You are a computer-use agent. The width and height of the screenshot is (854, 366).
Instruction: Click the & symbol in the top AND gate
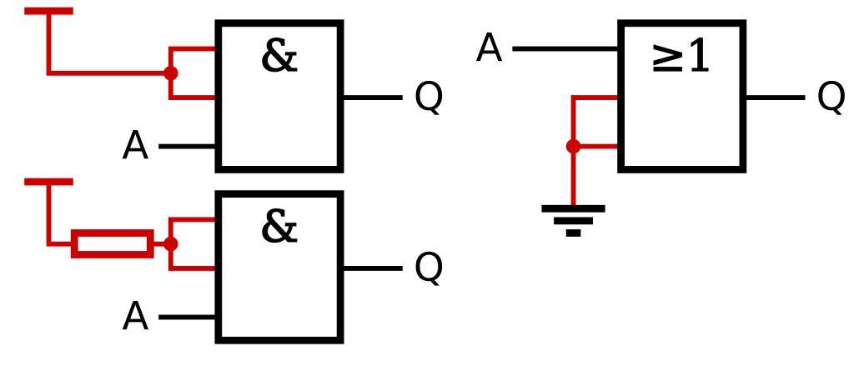coord(279,56)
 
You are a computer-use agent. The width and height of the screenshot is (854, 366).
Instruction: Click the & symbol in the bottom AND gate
coord(279,226)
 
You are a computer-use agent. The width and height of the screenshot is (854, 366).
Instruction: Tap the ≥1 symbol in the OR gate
coord(681,57)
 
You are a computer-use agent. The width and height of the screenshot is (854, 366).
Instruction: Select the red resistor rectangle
coord(113,244)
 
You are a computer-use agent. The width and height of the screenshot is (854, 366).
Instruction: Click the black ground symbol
coord(573,219)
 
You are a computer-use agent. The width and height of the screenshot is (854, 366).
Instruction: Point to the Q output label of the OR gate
coord(831,98)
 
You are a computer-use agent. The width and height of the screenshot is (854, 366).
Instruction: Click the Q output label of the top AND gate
coord(429,98)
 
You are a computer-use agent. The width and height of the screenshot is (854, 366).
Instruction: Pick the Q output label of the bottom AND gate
coord(429,268)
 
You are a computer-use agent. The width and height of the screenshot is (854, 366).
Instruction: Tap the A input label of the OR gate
coord(490,49)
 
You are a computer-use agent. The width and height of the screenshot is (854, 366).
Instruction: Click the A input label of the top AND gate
coord(135,147)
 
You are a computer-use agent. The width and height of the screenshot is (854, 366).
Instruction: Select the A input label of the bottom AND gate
coord(135,318)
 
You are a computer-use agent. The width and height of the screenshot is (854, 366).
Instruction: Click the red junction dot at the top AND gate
coord(171,73)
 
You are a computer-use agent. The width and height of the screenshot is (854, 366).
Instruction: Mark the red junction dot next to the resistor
coord(171,244)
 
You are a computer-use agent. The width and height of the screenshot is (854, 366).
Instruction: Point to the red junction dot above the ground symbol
coord(573,147)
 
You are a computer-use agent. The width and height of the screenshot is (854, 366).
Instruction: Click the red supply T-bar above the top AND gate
coord(49,12)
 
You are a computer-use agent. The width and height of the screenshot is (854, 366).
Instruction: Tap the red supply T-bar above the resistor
coord(49,182)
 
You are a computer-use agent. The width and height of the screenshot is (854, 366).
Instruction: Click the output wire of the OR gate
coord(775,98)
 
